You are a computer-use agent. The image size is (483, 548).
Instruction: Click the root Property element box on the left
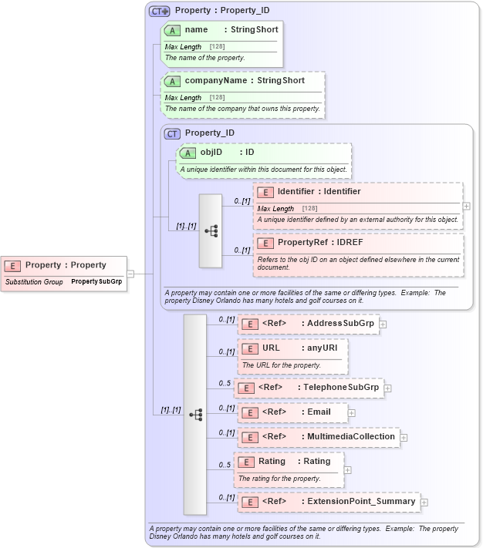pyautogui.click(x=65, y=265)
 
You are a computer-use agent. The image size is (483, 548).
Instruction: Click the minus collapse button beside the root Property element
pyautogui.click(x=130, y=273)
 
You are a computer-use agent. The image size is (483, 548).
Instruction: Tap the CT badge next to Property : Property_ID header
pyautogui.click(x=160, y=12)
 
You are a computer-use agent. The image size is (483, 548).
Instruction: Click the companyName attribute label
pyautogui.click(x=245, y=80)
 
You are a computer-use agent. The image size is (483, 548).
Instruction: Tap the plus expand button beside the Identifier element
pyautogui.click(x=466, y=207)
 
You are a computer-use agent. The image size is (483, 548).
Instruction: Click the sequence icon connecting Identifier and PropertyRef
pyautogui.click(x=211, y=230)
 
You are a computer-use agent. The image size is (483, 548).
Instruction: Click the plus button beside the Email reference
pyautogui.click(x=352, y=412)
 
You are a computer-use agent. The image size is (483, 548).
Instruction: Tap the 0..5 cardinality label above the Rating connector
pyautogui.click(x=225, y=465)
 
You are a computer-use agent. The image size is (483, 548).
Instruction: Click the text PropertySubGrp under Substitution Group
pyautogui.click(x=96, y=282)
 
